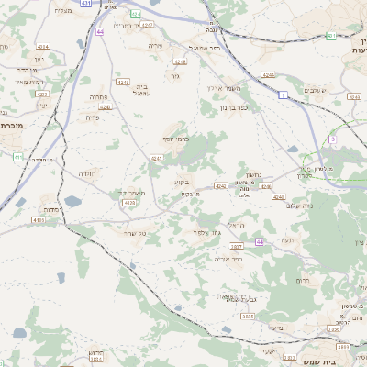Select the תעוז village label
coord(287,239)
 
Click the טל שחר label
coord(134,235)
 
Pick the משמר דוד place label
coord(134,192)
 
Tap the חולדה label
coord(87,173)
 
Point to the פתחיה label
coord(99,96)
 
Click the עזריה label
coord(154,45)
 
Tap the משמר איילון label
coord(223,87)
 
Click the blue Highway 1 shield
coord(284,94)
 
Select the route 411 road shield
coord(18,158)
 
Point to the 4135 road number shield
coord(37,220)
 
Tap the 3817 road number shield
coord(236,247)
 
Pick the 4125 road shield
coord(130,203)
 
